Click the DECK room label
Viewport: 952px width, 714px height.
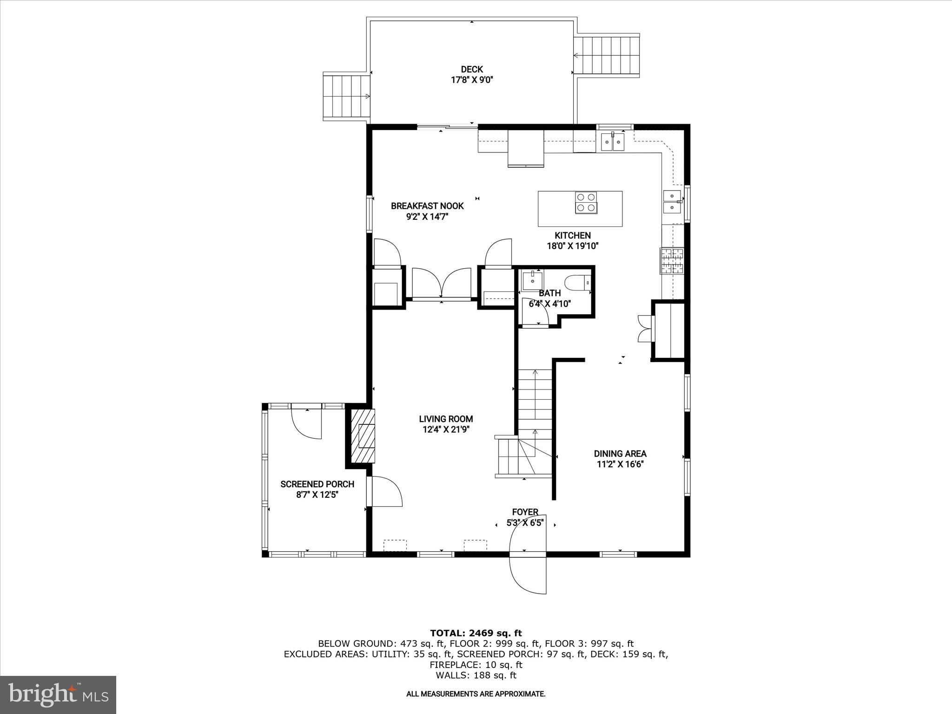471,70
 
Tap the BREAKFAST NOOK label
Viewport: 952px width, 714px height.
427,206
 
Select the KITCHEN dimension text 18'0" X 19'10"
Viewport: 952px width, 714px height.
572,246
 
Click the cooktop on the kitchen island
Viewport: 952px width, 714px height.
586,203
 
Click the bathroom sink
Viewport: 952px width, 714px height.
532,280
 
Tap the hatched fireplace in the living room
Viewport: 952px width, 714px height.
363,436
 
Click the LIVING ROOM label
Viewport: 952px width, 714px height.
446,419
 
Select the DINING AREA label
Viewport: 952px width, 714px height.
620,454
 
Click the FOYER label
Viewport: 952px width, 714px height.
525,512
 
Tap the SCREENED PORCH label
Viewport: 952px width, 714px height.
317,484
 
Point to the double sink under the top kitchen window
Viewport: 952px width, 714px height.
613,142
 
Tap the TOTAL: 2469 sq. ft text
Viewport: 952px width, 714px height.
476,633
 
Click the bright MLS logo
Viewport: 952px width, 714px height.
58,694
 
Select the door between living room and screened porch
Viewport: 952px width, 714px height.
384,491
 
